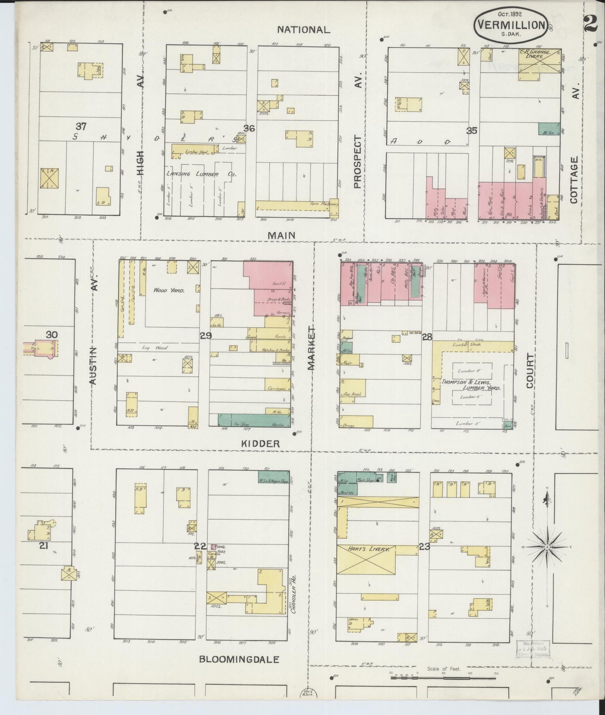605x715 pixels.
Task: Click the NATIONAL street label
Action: tap(304, 30)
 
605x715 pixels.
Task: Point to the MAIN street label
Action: tap(281, 235)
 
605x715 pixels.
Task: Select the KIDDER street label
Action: tap(260, 444)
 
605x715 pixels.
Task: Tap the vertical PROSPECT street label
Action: tap(357, 161)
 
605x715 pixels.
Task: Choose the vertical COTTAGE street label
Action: tap(574, 180)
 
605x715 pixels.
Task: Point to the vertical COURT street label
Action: tap(530, 370)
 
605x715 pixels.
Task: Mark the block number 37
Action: tap(81, 126)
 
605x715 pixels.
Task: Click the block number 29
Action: tap(206, 335)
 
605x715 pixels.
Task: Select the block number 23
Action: tap(425, 546)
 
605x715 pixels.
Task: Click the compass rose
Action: tap(547, 546)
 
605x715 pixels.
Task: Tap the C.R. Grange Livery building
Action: tap(540, 61)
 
